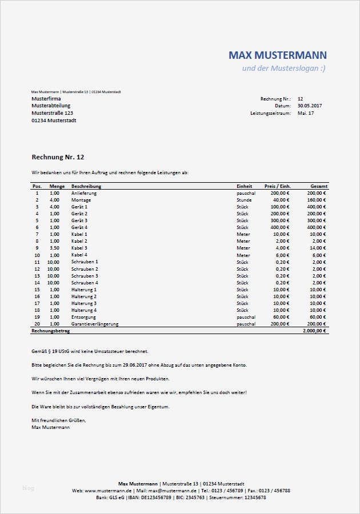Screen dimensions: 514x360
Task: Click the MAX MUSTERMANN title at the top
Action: click(278, 55)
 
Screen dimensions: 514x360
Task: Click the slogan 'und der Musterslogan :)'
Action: click(284, 69)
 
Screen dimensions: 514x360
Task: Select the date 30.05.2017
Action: click(310, 106)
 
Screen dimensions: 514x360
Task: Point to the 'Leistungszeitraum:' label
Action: click(270, 113)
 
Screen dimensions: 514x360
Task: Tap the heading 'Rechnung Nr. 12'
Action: click(58, 156)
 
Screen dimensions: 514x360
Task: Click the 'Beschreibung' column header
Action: click(86, 186)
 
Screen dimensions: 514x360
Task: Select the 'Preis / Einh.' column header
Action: click(278, 186)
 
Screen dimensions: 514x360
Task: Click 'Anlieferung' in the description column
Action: click(84, 193)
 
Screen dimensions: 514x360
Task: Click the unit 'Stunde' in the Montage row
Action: click(244, 200)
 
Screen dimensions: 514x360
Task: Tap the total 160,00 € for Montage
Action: click(316, 200)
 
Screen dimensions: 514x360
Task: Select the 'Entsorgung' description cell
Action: click(83, 317)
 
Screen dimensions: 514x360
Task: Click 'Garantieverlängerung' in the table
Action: click(95, 324)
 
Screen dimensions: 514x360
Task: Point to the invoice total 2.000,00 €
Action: click(314, 331)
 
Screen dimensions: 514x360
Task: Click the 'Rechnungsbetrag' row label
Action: click(50, 331)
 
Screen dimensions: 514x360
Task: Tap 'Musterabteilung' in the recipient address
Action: click(51, 106)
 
